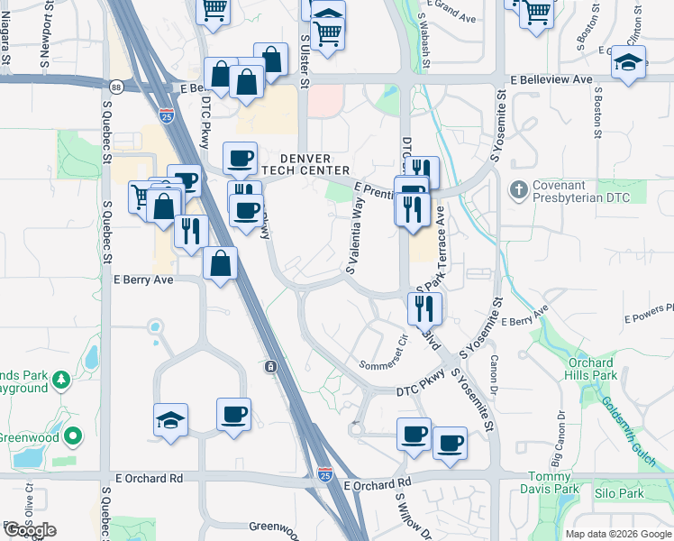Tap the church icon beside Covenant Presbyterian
(x=518, y=190)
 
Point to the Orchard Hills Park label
(x=592, y=369)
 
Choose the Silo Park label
(x=619, y=494)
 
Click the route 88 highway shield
(x=118, y=87)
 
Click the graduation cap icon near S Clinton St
(x=628, y=63)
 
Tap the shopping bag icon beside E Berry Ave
(x=221, y=264)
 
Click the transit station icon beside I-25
(x=270, y=366)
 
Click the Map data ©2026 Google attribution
(x=619, y=534)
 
